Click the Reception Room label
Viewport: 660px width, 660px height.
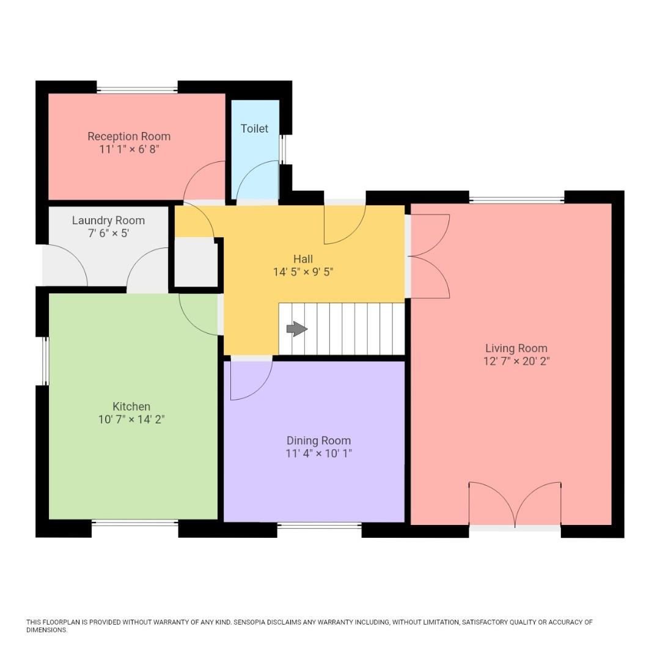pos(129,136)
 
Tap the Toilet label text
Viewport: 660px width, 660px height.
pos(254,128)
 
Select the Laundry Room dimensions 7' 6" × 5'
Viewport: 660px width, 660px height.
pos(108,233)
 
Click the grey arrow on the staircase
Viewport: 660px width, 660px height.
pos(297,329)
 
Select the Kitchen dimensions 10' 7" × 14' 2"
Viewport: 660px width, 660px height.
pos(131,419)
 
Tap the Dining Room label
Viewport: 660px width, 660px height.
pos(318,441)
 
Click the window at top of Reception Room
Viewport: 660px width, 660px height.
pos(137,90)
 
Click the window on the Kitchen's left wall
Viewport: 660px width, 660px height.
pos(45,361)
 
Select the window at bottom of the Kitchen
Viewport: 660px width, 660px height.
pos(135,522)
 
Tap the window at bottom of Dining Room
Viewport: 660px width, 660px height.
pos(319,525)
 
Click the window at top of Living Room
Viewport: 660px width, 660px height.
pos(516,200)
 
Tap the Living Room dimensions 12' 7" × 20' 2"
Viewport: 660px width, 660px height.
pos(516,361)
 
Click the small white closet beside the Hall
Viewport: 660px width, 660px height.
pos(196,262)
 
